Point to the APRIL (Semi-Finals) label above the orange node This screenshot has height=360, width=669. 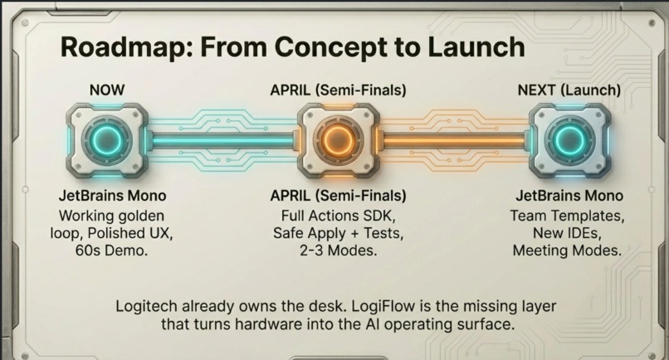pyautogui.click(x=338, y=89)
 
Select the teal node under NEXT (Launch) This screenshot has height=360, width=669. pyautogui.click(x=569, y=138)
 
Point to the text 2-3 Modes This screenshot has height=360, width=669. pyautogui.click(x=339, y=250)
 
